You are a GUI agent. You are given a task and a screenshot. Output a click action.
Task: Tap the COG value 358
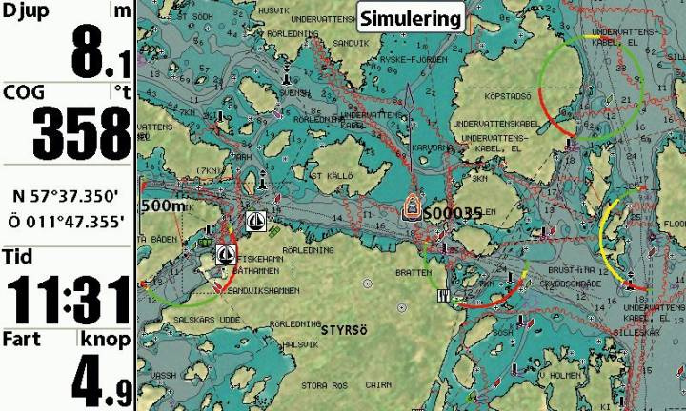[x=81, y=133]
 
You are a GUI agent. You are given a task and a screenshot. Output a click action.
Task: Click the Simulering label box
[x=411, y=18]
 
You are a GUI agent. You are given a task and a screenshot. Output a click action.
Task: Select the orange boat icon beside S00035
[x=412, y=206]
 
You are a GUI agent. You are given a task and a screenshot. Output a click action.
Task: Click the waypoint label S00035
[x=453, y=213]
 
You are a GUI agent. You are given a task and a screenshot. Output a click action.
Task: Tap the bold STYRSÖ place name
[x=344, y=330]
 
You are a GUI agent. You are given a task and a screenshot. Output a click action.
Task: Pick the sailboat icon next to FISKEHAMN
[x=226, y=254]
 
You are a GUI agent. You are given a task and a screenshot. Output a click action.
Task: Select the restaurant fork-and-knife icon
[x=442, y=296]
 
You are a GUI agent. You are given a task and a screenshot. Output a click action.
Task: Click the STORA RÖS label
[x=322, y=385]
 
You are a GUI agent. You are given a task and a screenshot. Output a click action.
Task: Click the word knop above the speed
[x=105, y=339]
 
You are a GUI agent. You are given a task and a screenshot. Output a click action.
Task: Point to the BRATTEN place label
[x=413, y=272]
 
